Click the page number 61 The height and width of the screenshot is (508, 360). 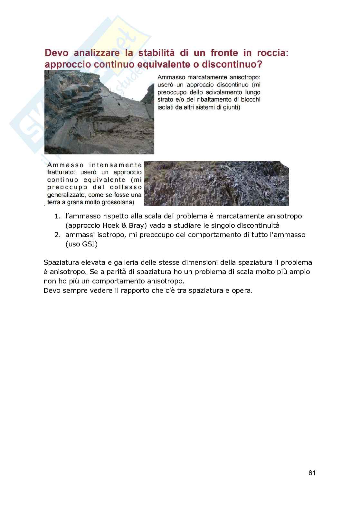point(312,473)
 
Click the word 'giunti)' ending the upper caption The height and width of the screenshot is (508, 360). point(230,107)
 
